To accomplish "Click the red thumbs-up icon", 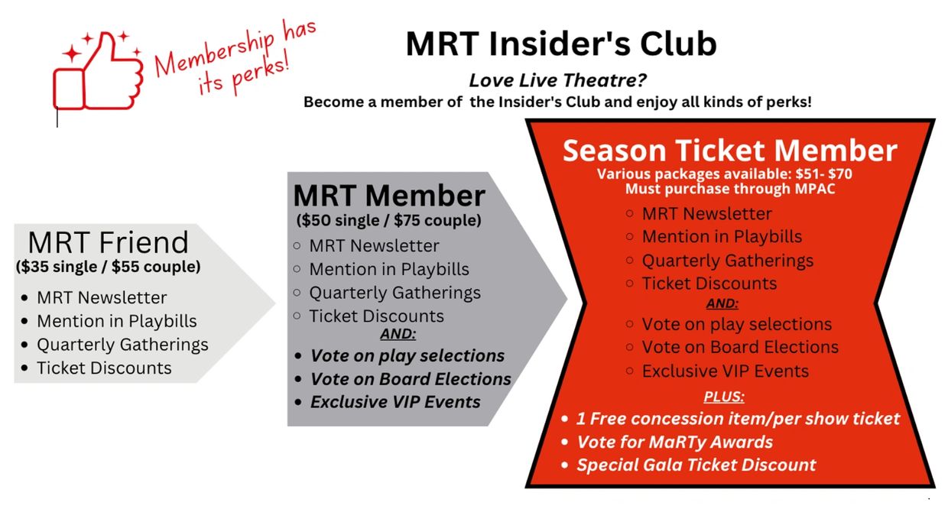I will pos(97,74).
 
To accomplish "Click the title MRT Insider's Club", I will pos(561,44).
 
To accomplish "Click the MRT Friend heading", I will pos(108,242).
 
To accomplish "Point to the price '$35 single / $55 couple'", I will pos(108,267).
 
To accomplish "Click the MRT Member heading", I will pos(389,196).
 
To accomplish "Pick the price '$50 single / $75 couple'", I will pos(388,221).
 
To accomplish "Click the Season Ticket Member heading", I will pos(729,150).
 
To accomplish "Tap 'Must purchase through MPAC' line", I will pos(729,188).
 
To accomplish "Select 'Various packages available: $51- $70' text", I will pos(724,173).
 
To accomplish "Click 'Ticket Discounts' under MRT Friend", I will pos(104,368).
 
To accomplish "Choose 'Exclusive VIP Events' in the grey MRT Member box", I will pos(395,401).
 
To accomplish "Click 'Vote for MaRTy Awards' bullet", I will pos(674,442).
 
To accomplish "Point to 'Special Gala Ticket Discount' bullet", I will pos(696,465).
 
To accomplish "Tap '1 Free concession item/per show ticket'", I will pos(738,419).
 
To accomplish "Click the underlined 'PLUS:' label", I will pos(723,397).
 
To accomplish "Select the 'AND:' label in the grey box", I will pos(398,333).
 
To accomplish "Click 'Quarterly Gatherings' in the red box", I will pos(727,260).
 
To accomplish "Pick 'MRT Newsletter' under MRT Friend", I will pos(102,297).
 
